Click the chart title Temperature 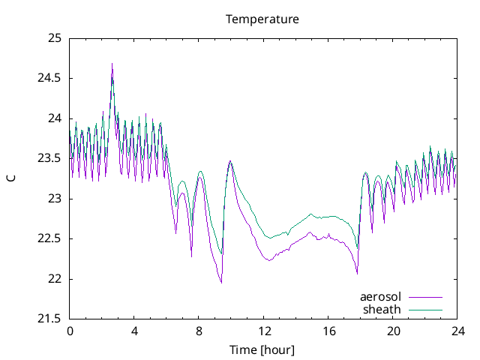click(x=262, y=19)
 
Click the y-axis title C click(x=10, y=178)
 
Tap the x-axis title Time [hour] click(x=262, y=350)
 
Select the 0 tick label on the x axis click(x=70, y=331)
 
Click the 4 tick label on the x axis click(x=134, y=331)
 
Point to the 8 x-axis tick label click(x=199, y=331)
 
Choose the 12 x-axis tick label click(x=263, y=331)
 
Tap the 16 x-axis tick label click(x=328, y=331)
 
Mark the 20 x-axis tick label click(x=393, y=331)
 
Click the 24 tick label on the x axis click(x=457, y=331)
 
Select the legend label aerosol click(x=380, y=297)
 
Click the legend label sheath click(x=382, y=309)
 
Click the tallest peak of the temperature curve click(x=112, y=64)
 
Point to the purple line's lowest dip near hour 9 click(x=221, y=282)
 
